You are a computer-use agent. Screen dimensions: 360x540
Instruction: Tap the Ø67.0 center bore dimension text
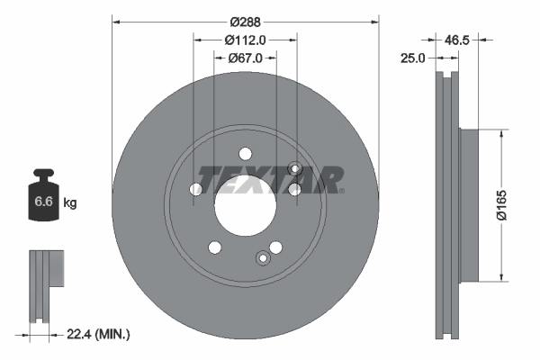tap(245, 58)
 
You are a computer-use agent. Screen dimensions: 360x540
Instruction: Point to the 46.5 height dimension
tap(459, 40)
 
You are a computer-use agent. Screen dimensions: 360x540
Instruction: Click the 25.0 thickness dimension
tap(415, 58)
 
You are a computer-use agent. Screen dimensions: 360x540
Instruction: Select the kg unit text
tap(70, 203)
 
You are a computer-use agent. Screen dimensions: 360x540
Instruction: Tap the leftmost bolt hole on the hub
tap(196, 189)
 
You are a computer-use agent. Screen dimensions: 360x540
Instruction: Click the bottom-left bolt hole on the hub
tap(214, 247)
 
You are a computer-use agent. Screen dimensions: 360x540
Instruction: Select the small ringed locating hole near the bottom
tap(263, 259)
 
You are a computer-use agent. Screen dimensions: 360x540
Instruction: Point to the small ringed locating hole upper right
tap(295, 167)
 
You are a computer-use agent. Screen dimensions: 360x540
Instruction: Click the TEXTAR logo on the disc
tap(269, 179)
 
